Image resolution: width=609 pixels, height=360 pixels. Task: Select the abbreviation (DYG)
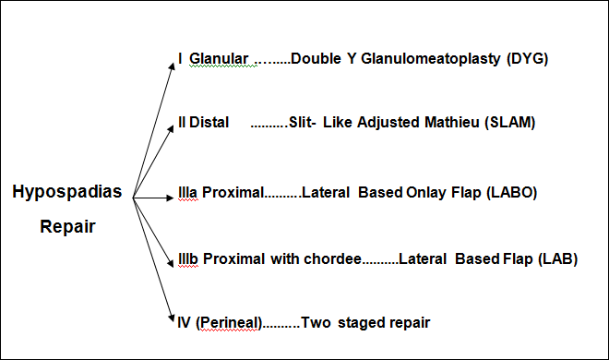(528, 60)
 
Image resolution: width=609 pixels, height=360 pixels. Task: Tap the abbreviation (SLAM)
(509, 123)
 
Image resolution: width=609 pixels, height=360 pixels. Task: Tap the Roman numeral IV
(184, 322)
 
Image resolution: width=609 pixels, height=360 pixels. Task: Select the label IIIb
(189, 258)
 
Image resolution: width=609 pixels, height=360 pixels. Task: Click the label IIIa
(188, 193)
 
